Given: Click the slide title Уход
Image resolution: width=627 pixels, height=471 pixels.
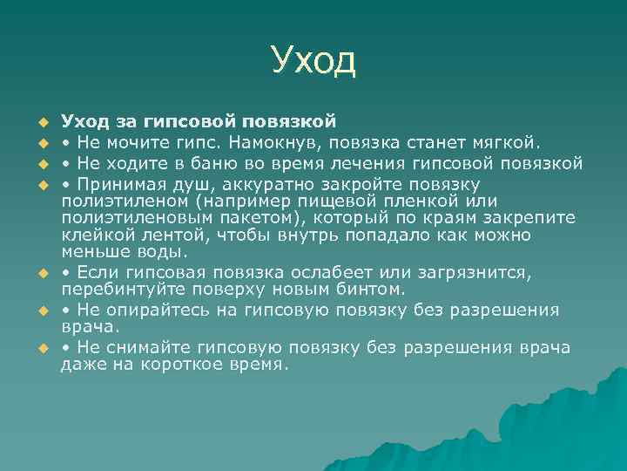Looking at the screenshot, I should pyautogui.click(x=313, y=60).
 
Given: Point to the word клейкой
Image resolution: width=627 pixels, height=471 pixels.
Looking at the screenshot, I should pyautogui.click(x=92, y=236).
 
